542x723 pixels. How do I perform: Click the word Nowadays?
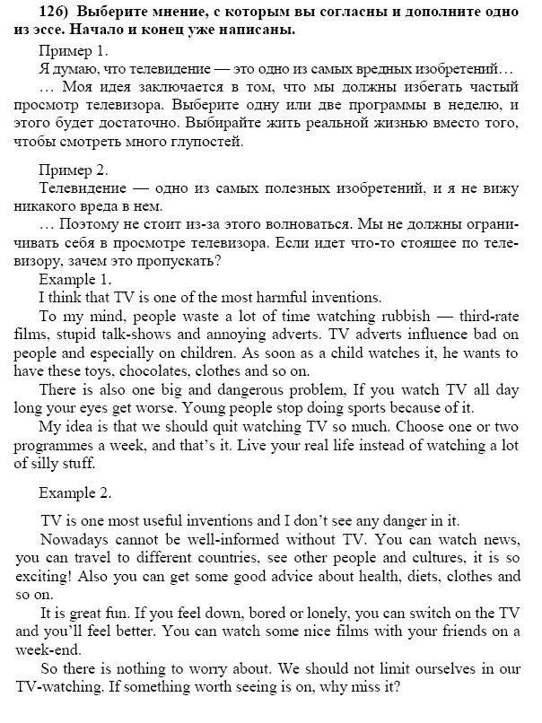click(x=77, y=540)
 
